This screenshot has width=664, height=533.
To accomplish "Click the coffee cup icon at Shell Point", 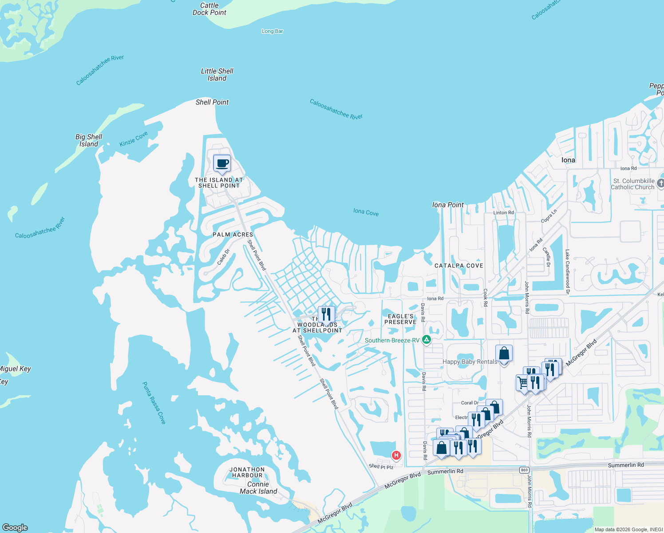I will (x=222, y=163).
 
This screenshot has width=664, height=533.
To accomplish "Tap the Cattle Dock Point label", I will (x=209, y=9).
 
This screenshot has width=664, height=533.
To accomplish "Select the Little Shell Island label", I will (x=217, y=75).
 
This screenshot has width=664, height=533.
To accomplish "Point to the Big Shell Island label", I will (x=89, y=140).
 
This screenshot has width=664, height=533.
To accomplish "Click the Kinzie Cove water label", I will (x=134, y=139).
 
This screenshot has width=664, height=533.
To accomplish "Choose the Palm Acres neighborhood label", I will (x=233, y=235).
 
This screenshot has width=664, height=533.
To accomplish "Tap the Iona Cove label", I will (x=366, y=212).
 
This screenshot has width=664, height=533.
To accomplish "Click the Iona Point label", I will (x=448, y=205).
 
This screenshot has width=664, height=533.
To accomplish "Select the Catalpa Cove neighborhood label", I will (x=458, y=266).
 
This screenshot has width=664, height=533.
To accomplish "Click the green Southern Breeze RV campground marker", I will (x=427, y=340).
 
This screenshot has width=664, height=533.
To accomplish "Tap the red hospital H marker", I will (x=396, y=455).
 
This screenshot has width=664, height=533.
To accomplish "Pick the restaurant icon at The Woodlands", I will (x=326, y=314).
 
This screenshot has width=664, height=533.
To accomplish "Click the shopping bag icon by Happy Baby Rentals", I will (x=504, y=354).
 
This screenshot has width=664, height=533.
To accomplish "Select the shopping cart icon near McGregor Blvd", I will (x=523, y=382).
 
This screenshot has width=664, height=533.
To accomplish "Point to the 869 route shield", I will (x=524, y=470).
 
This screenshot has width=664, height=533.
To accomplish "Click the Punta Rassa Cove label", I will (x=154, y=403).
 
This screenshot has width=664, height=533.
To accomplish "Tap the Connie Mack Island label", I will (x=258, y=488).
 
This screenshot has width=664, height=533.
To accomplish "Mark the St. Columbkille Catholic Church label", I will (x=633, y=184).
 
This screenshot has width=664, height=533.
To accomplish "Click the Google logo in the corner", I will (x=15, y=527).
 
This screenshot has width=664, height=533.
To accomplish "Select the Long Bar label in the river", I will (x=272, y=31).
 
